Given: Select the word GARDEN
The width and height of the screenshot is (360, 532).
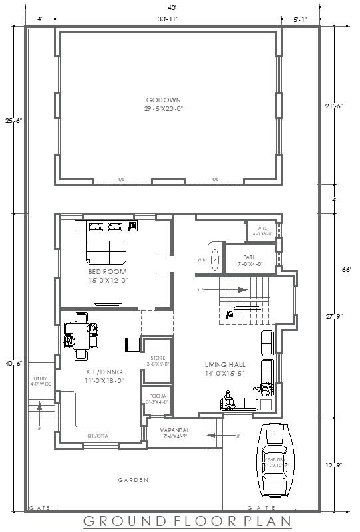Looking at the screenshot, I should [134, 480].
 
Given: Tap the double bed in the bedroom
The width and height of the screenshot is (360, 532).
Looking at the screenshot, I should [106, 243].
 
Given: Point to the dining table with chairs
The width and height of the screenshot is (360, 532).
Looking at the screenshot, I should [79, 335].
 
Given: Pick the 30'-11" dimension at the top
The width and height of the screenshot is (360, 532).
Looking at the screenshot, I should [168, 19].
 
